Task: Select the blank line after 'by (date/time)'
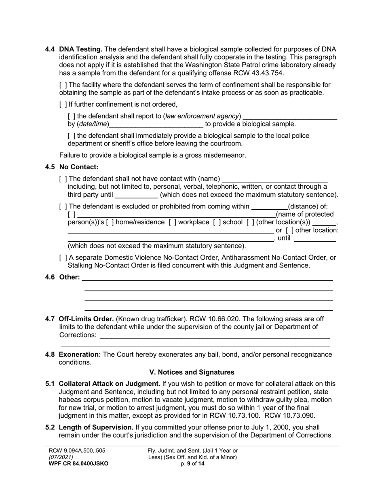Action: coord(156,124)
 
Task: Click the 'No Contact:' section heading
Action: coord(79,167)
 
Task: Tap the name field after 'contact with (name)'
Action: coord(275,179)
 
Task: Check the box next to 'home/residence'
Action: coord(110,222)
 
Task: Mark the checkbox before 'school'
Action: coord(216,222)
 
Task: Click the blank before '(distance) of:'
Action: coord(270,207)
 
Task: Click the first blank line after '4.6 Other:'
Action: coord(207,278)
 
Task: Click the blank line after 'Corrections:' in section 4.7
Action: coord(215,335)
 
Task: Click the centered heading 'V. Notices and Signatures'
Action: coord(192,372)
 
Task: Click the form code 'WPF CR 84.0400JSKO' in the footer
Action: coord(78,464)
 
